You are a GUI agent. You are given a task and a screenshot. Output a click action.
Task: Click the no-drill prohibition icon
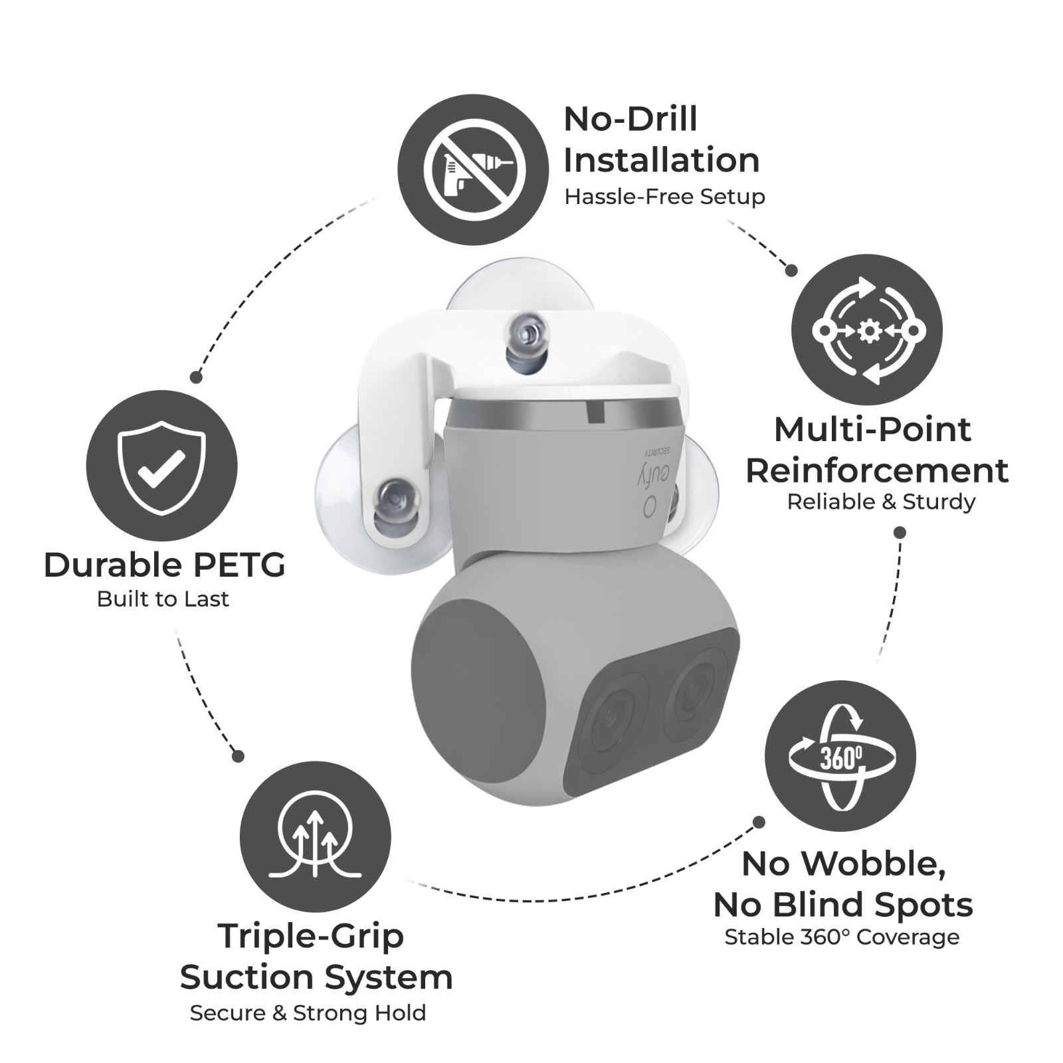pos(474,170)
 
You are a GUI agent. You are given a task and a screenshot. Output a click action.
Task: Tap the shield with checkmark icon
pos(161,465)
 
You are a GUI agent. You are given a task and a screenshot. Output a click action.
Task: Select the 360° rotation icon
pos(840,756)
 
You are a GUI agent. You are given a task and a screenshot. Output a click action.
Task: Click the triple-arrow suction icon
pos(316,836)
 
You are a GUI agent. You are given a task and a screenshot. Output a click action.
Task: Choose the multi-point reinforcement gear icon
pos(867,330)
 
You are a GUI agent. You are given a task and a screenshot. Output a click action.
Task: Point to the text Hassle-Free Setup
pos(664,197)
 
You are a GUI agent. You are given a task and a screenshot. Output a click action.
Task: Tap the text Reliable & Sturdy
pos(881,502)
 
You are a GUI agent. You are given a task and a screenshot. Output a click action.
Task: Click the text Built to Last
pos(163,599)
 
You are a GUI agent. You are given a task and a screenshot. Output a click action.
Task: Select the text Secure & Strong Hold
pos(308,1013)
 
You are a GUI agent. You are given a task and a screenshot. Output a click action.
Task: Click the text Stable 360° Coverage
pos(842,937)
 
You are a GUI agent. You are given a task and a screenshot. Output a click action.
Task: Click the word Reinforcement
pos(876,470)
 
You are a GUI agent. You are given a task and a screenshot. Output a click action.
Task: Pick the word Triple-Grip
pos(311,936)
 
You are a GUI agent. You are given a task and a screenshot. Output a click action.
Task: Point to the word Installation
pos(661,160)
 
